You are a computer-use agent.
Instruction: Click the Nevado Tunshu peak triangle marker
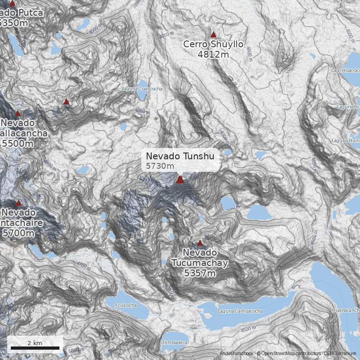tap(180, 180)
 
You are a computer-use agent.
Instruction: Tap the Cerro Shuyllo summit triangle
tap(213, 34)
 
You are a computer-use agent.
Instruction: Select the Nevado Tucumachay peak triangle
tap(200, 243)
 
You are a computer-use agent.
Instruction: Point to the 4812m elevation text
tap(213, 54)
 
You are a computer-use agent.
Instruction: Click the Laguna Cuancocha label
tap(142, 89)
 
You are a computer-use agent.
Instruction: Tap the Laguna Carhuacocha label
tap(240, 311)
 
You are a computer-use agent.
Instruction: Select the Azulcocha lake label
tap(126, 305)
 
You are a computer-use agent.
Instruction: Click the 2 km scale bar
tap(35, 348)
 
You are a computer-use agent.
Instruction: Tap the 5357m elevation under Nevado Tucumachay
tap(200, 273)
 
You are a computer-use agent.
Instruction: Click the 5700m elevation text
tap(18, 233)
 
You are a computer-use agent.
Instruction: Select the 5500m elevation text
tap(18, 144)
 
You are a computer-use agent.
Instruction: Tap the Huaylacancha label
tap(346, 310)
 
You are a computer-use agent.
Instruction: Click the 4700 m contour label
tap(84, 264)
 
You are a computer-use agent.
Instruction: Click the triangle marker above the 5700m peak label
tap(18, 203)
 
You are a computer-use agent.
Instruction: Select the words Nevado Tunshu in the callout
tap(180, 156)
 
